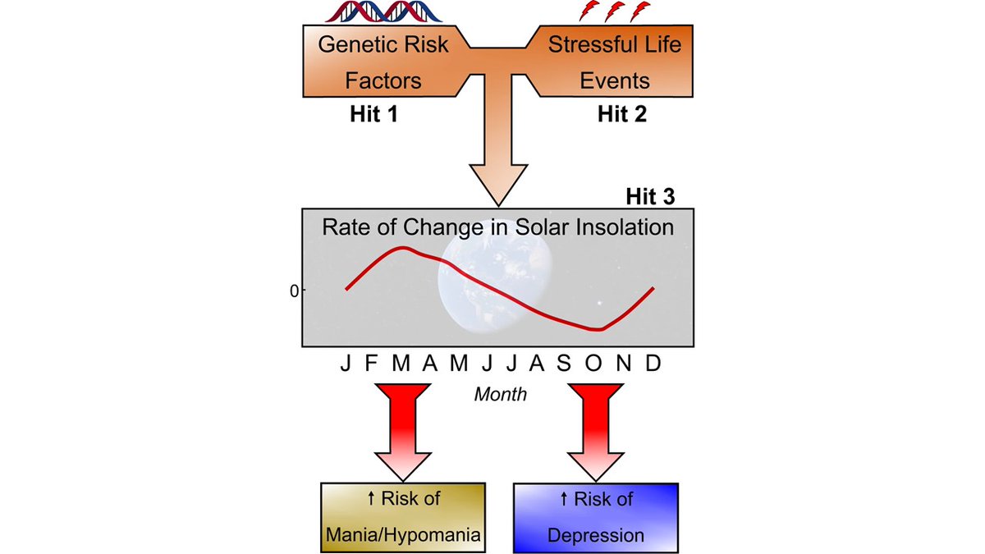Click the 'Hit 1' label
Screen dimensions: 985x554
coord(373,114)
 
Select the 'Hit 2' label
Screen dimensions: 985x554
coord(622,114)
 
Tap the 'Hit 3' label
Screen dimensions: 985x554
coord(650,196)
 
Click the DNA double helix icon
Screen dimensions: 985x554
coord(383,11)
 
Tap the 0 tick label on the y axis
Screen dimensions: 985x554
coord(294,291)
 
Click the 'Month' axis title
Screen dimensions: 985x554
coord(501,395)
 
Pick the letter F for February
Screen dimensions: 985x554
coord(372,363)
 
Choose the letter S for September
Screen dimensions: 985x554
coord(564,363)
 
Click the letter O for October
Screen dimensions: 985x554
coord(593,363)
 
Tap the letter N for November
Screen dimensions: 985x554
coord(624,363)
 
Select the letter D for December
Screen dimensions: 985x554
coord(653,363)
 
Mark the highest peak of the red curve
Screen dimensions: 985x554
coord(403,248)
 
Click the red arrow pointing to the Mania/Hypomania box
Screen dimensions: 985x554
coord(403,433)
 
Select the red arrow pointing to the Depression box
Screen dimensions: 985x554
coord(596,433)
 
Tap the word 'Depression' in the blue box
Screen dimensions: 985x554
coord(596,535)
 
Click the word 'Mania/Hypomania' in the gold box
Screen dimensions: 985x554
coord(403,535)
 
